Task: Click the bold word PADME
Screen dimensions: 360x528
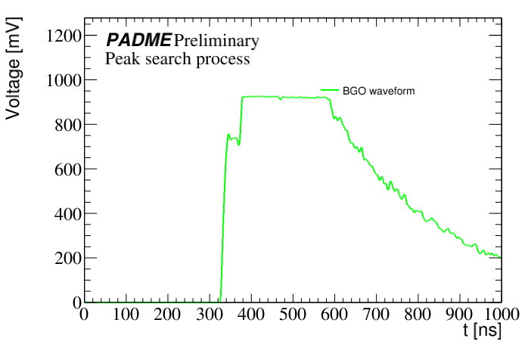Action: [x=138, y=40]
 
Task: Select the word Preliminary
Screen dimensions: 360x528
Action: [x=216, y=40]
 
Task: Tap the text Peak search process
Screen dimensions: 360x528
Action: [x=178, y=59]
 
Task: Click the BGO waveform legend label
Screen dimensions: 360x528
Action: [x=378, y=91]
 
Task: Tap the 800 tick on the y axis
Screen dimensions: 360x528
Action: [x=67, y=124]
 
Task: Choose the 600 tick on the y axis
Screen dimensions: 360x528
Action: [x=67, y=169]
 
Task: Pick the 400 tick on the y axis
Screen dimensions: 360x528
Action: [x=67, y=213]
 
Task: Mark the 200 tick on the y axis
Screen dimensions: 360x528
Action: [x=67, y=258]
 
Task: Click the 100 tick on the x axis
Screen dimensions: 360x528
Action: [x=126, y=314]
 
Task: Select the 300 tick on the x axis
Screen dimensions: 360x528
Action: [x=209, y=314]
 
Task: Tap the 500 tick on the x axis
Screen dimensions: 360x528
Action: [x=293, y=314]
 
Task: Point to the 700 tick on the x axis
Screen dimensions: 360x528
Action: [x=376, y=314]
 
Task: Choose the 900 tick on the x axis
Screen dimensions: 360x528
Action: [x=459, y=314]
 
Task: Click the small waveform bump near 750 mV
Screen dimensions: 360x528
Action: [x=229, y=135]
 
